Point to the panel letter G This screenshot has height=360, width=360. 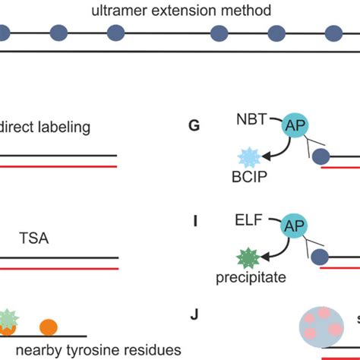coord(194,125)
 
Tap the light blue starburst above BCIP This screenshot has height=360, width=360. coord(249,157)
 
